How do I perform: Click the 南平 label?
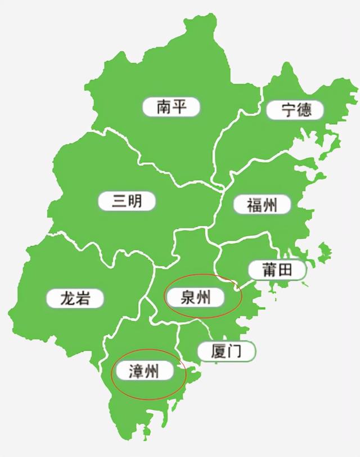point(172,107)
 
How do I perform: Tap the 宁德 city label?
point(296,109)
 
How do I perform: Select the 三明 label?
point(127,201)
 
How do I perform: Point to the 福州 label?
point(262,205)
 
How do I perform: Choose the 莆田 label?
point(277,270)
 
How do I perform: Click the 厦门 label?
point(226,351)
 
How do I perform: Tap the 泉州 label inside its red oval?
point(195,297)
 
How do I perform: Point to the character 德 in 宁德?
point(304,109)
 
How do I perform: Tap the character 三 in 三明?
point(119,201)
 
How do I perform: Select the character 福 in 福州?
point(254,205)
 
